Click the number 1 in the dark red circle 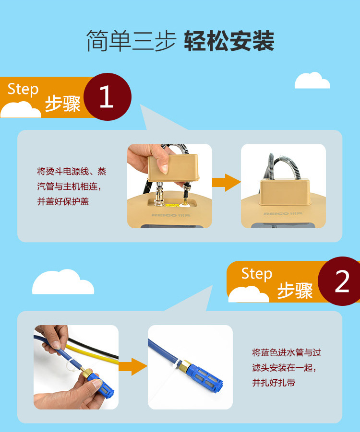coord(107,96)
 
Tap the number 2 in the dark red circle coord(342,281)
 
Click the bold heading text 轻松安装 coord(229,41)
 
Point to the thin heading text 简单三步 coord(131,41)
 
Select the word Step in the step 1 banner coord(23,89)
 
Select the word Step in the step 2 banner coord(257,274)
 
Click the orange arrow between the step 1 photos coord(226,182)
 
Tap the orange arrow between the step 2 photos coord(133,366)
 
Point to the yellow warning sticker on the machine coord(171,205)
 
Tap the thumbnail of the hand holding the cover coord(169,186)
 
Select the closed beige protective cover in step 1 coord(285,192)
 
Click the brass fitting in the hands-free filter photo coord(184,365)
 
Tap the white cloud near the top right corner coord(312,81)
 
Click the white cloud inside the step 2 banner coord(249,294)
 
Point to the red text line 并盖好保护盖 coord(63,201)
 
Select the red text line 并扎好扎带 coord(274,383)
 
